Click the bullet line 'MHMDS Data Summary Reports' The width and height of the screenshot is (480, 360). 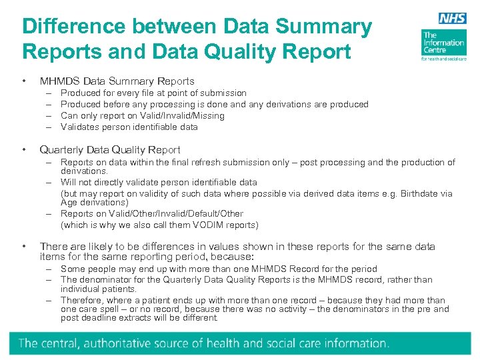pos(117,81)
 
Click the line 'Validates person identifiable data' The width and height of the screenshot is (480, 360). pos(129,127)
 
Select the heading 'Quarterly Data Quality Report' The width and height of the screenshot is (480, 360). pos(110,150)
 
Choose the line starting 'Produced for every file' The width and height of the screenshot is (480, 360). pos(153,93)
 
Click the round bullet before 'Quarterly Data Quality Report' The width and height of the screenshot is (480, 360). pos(25,150)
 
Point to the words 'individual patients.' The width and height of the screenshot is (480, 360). pos(98,289)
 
